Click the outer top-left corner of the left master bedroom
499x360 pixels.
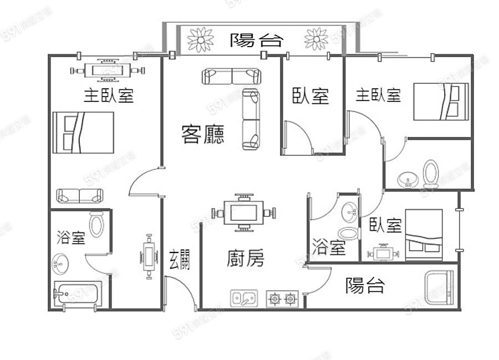pyautogui.click(x=48, y=55)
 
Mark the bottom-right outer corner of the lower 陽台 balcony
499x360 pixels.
pyautogui.click(x=460, y=310)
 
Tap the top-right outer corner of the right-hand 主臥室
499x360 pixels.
pyautogui.click(x=473, y=55)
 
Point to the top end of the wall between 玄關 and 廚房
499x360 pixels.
pyautogui.click(x=201, y=224)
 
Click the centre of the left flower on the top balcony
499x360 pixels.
pyautogui.click(x=200, y=39)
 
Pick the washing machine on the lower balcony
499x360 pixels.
pyautogui.click(x=439, y=287)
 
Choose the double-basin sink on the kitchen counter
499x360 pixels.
pyautogui.click(x=244, y=298)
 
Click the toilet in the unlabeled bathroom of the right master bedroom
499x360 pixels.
pyautogui.click(x=431, y=174)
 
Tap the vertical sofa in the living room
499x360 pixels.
pyautogui.click(x=251, y=119)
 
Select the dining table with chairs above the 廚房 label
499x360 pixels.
pyautogui.click(x=243, y=212)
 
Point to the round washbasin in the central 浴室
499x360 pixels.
pyautogui.click(x=349, y=212)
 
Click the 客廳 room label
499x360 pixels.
pyautogui.click(x=203, y=134)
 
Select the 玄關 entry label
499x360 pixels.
pyautogui.click(x=180, y=259)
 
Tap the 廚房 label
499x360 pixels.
pyautogui.click(x=246, y=258)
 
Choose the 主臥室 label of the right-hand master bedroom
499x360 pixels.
pyautogui.click(x=378, y=95)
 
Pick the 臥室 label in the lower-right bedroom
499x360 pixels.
pyautogui.click(x=385, y=225)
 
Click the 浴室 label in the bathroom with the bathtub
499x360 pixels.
pyautogui.click(x=71, y=237)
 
